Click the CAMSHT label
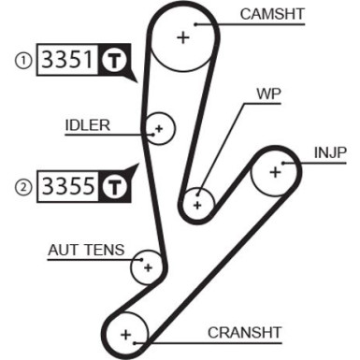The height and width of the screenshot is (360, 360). pyautogui.click(x=270, y=14)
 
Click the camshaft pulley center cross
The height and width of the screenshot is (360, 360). pyautogui.click(x=183, y=37)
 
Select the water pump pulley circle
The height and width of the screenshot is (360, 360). pyautogui.click(x=197, y=201)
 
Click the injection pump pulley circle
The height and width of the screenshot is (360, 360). pyautogui.click(x=275, y=171)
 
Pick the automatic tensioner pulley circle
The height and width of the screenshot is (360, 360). pyautogui.click(x=146, y=267)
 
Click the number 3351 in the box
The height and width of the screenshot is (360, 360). pyautogui.click(x=65, y=62)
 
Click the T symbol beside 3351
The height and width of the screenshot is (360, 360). pyautogui.click(x=112, y=62)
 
